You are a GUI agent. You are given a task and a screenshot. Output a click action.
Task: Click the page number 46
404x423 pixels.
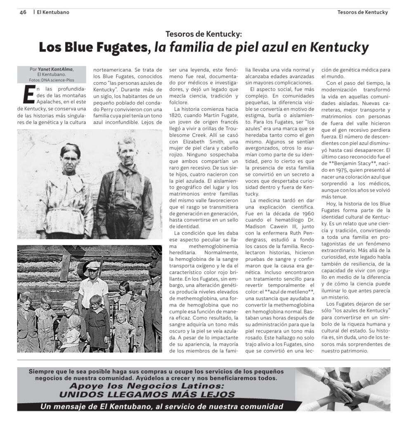(x=23, y=12)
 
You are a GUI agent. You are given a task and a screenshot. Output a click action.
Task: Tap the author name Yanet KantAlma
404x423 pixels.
(x=56, y=69)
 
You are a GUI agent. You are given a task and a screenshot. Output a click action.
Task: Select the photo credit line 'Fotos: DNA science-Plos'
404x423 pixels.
(x=52, y=80)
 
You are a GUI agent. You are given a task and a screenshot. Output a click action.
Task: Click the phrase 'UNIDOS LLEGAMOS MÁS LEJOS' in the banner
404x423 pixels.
(x=147, y=394)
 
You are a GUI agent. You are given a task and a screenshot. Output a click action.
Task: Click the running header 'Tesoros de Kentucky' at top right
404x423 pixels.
(x=362, y=12)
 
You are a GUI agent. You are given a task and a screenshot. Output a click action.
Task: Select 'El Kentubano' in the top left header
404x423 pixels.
(x=53, y=12)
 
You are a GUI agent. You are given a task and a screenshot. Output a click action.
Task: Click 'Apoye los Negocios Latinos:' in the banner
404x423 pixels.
(x=147, y=386)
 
